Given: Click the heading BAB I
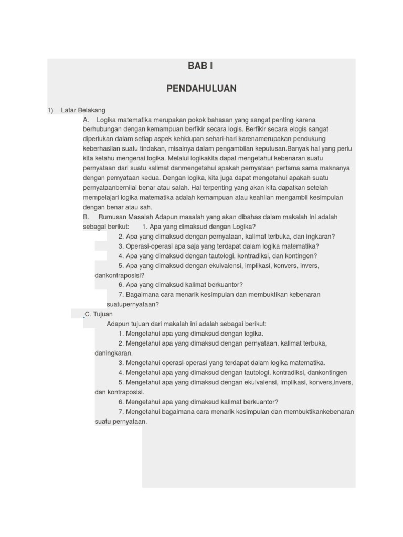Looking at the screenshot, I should pos(201,66).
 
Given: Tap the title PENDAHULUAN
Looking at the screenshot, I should pos(201,89).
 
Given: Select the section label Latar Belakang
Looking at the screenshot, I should pos(83,110).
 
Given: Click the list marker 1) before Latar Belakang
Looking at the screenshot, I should pos(50,110).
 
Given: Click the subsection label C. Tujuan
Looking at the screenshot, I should pos(99,314).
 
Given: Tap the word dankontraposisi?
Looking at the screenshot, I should pos(120,275).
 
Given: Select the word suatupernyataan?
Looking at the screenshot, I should pos(133,304).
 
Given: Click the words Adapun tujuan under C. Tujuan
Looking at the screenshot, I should pos(127,324).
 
